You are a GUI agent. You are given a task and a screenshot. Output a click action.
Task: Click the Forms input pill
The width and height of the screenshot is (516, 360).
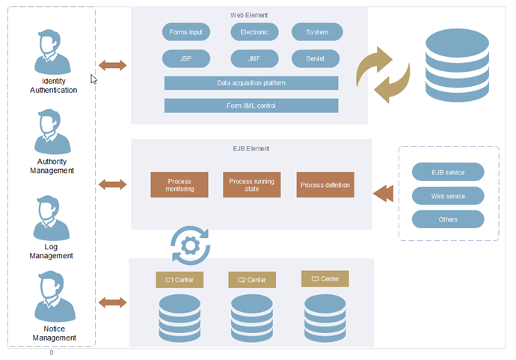[186, 32]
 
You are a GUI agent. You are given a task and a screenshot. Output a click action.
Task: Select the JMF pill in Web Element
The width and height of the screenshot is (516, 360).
[254, 58]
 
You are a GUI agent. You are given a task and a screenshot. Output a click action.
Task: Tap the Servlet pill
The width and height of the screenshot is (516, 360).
[316, 58]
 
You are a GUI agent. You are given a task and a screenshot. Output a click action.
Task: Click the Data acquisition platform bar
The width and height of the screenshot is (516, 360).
[251, 83]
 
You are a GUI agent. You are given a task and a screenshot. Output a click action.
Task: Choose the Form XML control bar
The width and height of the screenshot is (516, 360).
[251, 106]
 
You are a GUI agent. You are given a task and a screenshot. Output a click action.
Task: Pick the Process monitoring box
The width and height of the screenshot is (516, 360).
[179, 185]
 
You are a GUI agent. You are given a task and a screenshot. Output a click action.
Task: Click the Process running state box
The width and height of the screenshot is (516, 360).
[252, 185]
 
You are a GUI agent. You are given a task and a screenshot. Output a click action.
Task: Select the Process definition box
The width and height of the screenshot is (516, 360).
[325, 185]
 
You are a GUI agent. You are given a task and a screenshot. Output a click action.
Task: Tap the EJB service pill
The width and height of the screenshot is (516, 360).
[448, 172]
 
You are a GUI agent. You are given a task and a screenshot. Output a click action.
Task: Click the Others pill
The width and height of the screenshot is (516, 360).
[448, 219]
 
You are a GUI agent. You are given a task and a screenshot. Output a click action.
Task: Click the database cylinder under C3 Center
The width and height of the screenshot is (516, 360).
[325, 317]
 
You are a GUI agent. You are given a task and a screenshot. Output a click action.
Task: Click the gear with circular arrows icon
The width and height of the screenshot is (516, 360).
[190, 245]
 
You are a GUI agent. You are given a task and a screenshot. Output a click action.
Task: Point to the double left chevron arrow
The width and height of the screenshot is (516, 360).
[383, 193]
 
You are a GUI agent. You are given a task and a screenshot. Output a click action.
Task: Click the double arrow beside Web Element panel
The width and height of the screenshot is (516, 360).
[113, 65]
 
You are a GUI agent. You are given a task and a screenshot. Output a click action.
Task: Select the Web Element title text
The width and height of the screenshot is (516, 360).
[249, 15]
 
